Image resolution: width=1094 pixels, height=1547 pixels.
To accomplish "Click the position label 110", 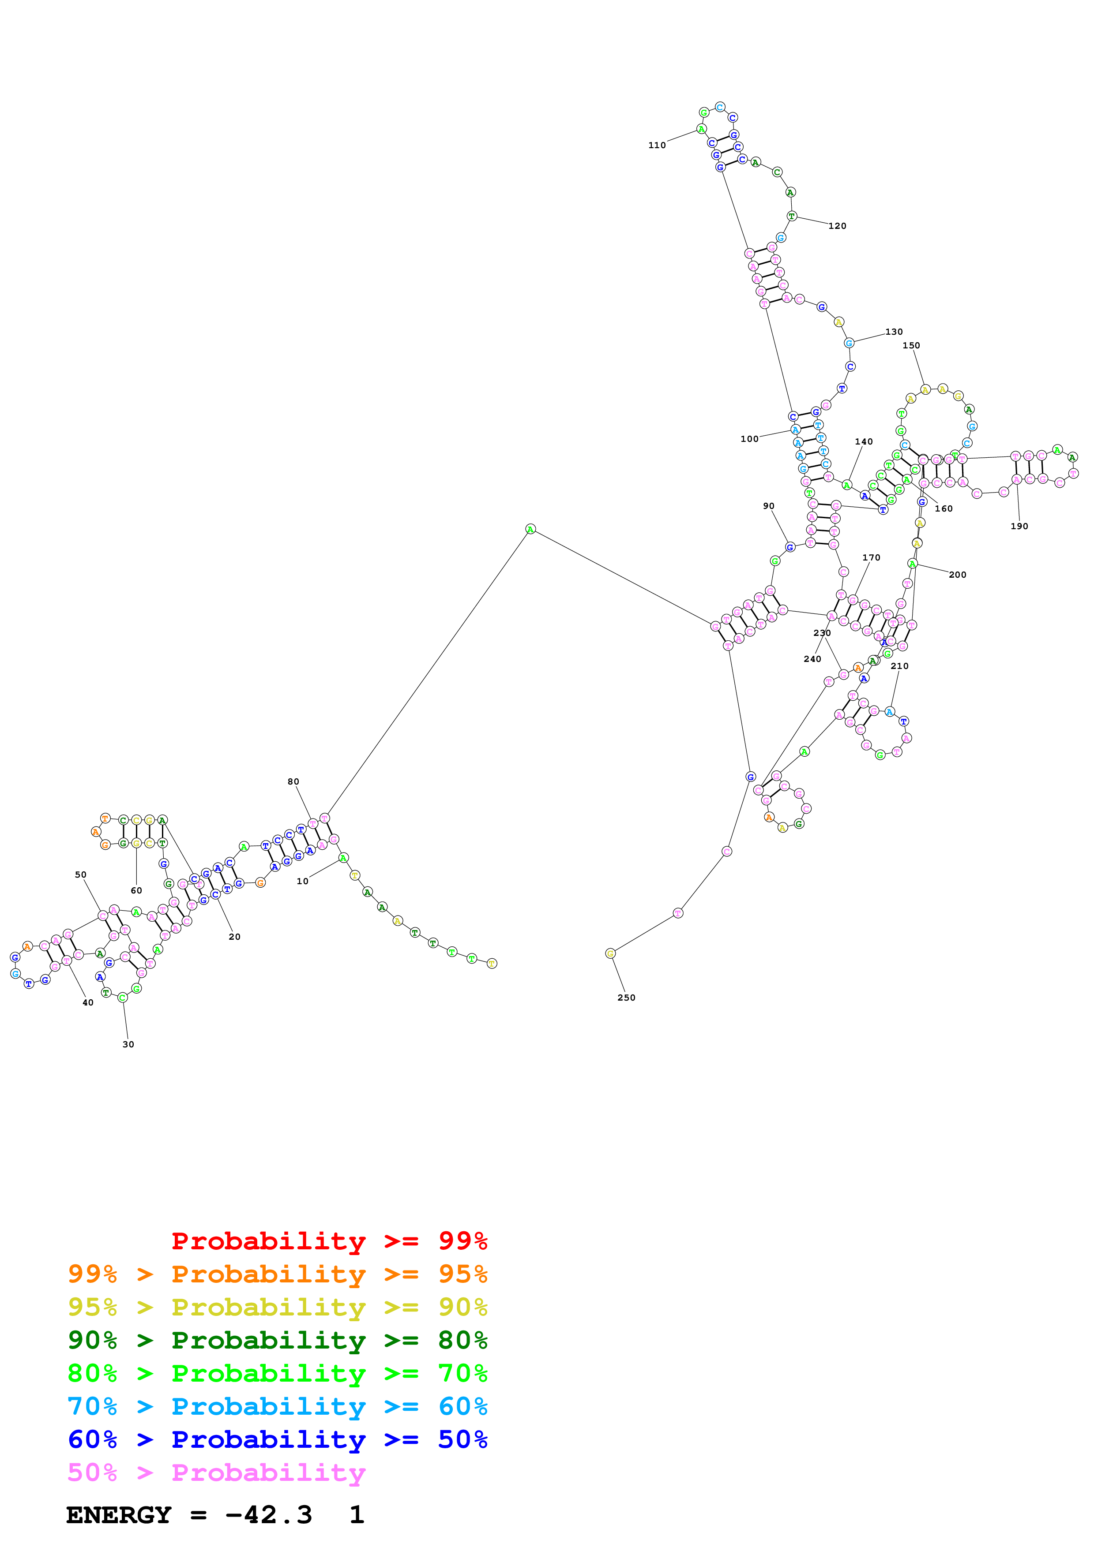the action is click(657, 145).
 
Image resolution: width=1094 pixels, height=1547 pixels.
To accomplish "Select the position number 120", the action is click(837, 226).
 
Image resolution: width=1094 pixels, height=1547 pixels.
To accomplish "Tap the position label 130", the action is click(893, 332).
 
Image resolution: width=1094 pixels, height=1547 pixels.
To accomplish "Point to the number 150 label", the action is click(911, 345).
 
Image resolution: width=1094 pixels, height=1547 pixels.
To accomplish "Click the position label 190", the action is click(1019, 526).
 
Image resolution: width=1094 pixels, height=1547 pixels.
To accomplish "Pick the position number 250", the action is click(626, 997).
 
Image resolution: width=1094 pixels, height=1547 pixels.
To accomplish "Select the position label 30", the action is click(128, 1044).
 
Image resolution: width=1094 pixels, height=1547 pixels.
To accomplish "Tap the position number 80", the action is click(293, 781).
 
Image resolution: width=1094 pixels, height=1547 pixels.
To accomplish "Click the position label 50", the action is click(81, 874).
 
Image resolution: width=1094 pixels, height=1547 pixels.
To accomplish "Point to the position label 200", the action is click(957, 575).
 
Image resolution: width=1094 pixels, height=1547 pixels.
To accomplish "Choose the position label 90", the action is click(768, 506).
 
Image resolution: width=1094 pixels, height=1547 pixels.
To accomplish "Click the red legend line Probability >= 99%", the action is click(329, 1241).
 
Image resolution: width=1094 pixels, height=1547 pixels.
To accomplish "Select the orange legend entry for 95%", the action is click(277, 1274).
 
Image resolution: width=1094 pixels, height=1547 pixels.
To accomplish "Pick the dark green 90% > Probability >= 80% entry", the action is click(277, 1340).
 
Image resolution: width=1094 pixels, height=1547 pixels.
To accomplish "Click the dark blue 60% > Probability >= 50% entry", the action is click(277, 1439).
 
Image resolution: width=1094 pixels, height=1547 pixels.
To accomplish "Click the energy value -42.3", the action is click(268, 1515).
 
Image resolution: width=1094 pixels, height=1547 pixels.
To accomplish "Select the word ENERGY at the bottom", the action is click(119, 1515).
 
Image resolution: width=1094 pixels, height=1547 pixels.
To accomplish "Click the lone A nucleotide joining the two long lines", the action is click(530, 529).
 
